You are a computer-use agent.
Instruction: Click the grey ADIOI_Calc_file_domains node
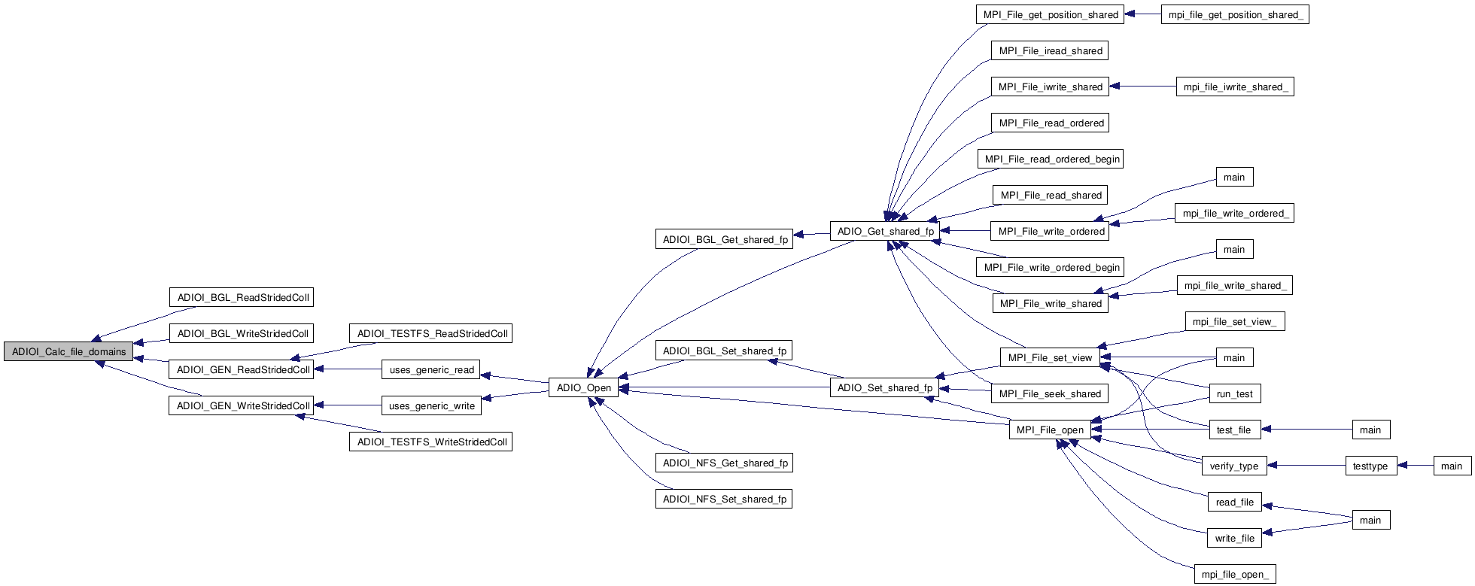tap(68, 351)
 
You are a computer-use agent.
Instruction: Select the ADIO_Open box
tap(583, 388)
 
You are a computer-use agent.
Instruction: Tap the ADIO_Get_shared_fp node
tap(885, 231)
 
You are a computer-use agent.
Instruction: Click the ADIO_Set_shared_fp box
tap(884, 388)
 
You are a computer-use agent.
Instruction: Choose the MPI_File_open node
tap(1050, 430)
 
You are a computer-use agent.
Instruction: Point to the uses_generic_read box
tap(431, 369)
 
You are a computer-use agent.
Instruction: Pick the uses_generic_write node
tap(431, 406)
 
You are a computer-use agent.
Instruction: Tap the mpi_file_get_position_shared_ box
tap(1235, 14)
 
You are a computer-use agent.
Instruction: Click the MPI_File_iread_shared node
tap(1050, 50)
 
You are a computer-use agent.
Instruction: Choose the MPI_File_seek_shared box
tap(1050, 393)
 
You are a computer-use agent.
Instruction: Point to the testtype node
tap(1370, 466)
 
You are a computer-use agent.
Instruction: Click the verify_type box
tap(1233, 466)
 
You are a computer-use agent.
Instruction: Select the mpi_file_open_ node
tap(1234, 575)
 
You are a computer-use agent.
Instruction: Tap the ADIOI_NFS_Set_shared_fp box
tap(724, 499)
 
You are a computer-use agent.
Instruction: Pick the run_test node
tap(1234, 393)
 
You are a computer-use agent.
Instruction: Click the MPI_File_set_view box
tap(1049, 357)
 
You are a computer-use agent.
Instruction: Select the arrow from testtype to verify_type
tap(1306, 466)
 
